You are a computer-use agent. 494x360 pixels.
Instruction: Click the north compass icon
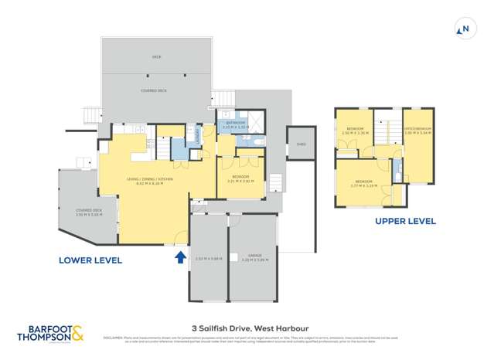tap(464, 30)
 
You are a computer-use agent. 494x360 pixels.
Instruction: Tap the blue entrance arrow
tap(180, 257)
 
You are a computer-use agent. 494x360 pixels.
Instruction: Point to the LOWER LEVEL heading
tap(90, 260)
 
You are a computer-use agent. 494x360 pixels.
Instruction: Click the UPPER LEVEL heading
tap(405, 221)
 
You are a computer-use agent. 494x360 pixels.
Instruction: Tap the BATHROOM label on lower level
tap(235, 123)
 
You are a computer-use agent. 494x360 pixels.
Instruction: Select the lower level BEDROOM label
tap(240, 177)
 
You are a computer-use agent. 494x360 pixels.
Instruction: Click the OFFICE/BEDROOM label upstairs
tap(417, 128)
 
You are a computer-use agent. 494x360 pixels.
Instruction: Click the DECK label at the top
tap(156, 57)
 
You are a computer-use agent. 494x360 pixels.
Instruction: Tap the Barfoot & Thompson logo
tap(53, 333)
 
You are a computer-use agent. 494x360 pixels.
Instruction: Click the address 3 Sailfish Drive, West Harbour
tap(247, 327)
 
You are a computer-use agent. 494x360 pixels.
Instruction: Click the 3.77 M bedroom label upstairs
tap(362, 183)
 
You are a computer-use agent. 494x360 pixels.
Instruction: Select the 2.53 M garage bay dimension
tap(209, 258)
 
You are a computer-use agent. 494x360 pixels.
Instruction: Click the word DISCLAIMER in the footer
tap(113, 337)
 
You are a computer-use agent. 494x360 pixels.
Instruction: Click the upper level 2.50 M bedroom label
tap(356, 130)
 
